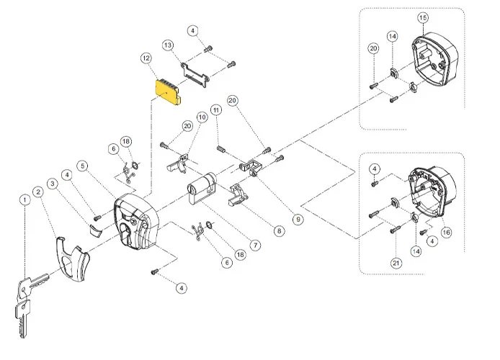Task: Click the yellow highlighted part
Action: (x=167, y=92)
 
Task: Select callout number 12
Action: (x=146, y=57)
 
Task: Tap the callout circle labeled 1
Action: (x=24, y=199)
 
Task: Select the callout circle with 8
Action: (x=280, y=231)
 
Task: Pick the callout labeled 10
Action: (x=202, y=115)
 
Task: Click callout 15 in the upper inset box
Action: (x=423, y=17)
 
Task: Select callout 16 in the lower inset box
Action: (x=446, y=232)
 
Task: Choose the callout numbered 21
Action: (x=396, y=264)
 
